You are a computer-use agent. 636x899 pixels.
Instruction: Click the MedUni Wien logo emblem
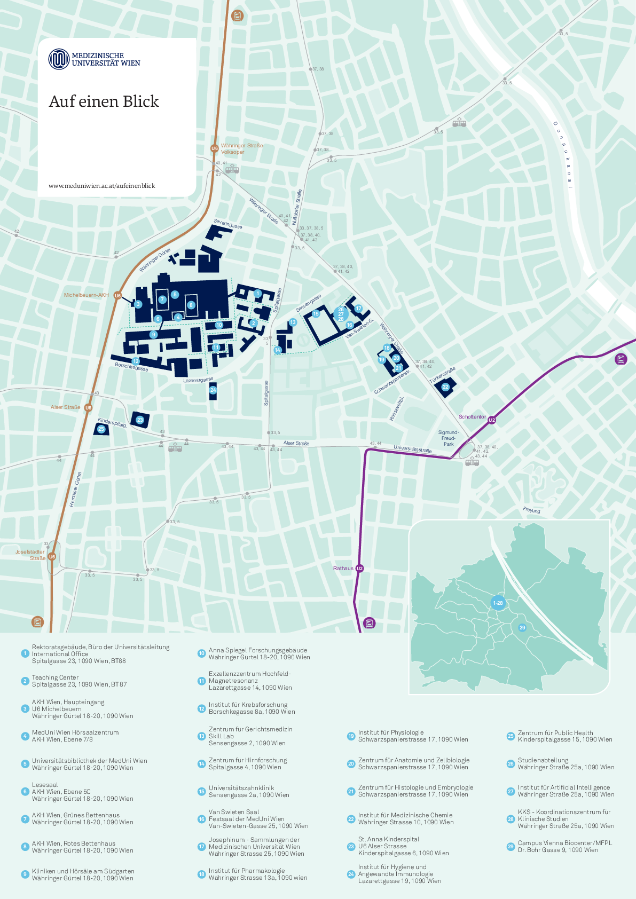pyautogui.click(x=59, y=59)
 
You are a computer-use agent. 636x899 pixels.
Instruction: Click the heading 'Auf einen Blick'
pyautogui.click(x=104, y=101)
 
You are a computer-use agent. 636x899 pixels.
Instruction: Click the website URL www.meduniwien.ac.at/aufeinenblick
pyautogui.click(x=101, y=186)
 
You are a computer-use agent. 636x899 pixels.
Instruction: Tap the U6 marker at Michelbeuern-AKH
pyautogui.click(x=117, y=295)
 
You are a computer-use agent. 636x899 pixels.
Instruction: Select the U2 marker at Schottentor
pyautogui.click(x=492, y=420)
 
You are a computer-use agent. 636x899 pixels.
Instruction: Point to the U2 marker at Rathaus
pyautogui.click(x=359, y=569)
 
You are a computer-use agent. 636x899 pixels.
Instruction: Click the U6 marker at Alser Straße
pyautogui.click(x=88, y=408)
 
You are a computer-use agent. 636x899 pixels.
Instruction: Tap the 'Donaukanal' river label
pyautogui.click(x=563, y=155)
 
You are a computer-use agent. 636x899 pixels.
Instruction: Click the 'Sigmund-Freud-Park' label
pyautogui.click(x=449, y=438)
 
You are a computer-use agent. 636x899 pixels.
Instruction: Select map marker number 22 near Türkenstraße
pyautogui.click(x=445, y=387)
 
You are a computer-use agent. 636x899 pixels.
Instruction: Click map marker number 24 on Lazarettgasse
pyautogui.click(x=213, y=390)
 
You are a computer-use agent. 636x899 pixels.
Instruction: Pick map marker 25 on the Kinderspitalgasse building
pyautogui.click(x=101, y=429)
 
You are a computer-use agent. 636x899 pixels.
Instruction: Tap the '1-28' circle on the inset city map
pyautogui.click(x=498, y=603)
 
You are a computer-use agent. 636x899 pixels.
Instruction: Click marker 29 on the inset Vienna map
pyautogui.click(x=522, y=628)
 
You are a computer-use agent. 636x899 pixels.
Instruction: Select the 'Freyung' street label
pyautogui.click(x=531, y=510)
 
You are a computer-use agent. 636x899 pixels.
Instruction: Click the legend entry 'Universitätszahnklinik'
pyautogui.click(x=241, y=788)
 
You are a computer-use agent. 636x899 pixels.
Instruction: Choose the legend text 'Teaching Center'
pyautogui.click(x=55, y=677)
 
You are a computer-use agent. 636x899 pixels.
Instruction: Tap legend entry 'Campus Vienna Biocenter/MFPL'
pyautogui.click(x=564, y=843)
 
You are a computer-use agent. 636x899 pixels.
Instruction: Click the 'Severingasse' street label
pyautogui.click(x=228, y=224)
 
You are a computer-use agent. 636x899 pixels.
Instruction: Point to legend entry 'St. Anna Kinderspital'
pyautogui.click(x=388, y=839)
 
